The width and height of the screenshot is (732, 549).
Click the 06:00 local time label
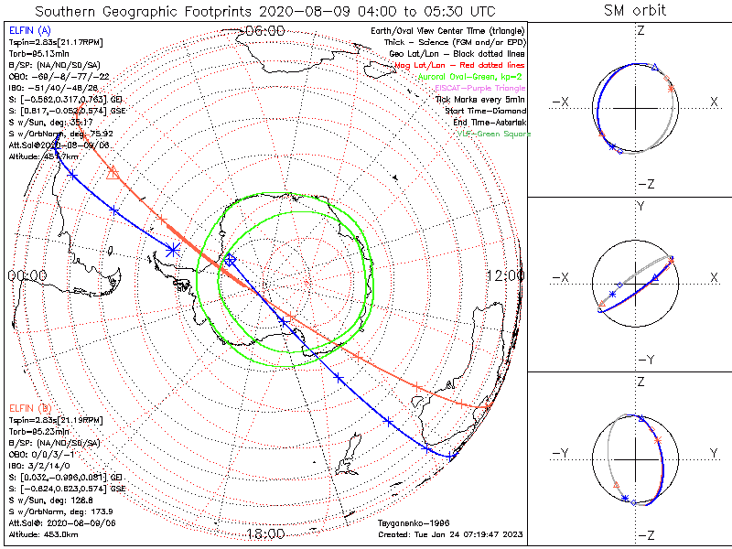[x=265, y=29]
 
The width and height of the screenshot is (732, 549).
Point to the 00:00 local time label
[x=27, y=275]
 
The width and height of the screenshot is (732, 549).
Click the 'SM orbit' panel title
[x=635, y=11]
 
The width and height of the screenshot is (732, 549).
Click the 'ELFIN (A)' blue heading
[x=29, y=31]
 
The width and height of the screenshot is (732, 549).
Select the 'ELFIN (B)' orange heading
[x=29, y=406]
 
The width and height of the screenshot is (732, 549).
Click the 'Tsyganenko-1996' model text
[x=409, y=523]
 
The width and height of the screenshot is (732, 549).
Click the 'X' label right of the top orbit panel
[x=714, y=102]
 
